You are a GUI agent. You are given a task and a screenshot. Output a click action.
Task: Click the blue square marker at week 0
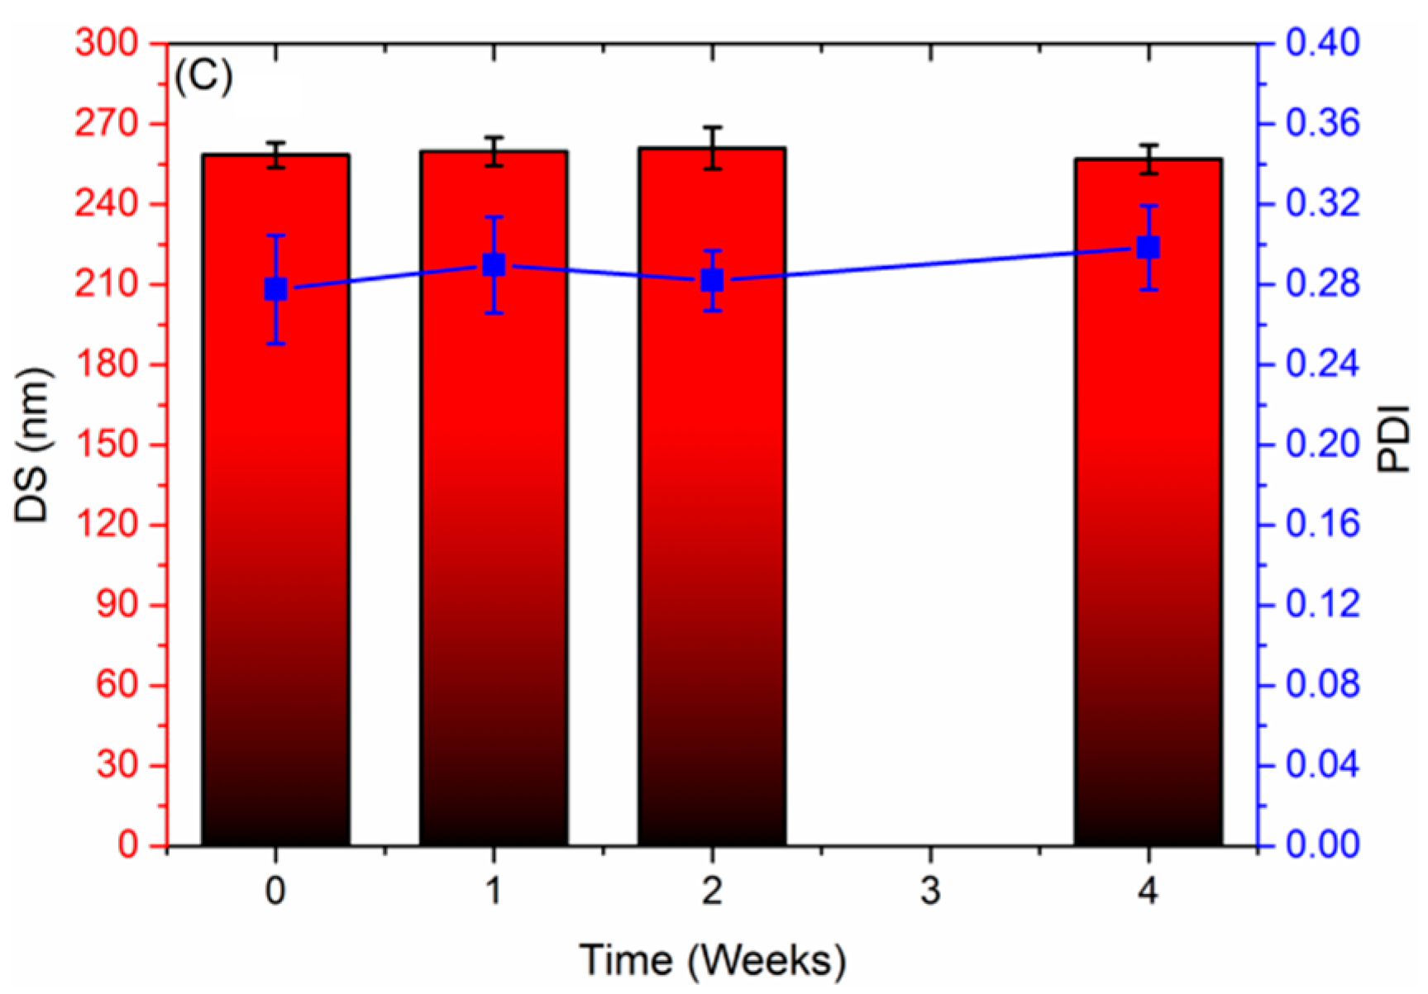(275, 289)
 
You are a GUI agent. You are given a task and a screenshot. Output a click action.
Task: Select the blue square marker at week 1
(494, 265)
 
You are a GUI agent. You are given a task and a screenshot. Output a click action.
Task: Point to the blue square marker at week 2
(712, 280)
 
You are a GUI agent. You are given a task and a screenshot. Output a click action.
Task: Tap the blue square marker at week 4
(1149, 247)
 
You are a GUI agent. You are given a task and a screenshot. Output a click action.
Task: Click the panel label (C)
(203, 78)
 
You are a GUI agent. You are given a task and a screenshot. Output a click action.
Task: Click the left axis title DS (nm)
(33, 445)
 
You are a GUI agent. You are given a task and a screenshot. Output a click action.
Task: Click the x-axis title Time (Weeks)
(713, 960)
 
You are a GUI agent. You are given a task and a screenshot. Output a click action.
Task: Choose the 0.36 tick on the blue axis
(1321, 124)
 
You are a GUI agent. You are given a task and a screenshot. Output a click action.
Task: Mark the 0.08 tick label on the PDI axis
(1321, 685)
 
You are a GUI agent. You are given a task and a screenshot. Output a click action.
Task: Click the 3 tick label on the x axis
(930, 891)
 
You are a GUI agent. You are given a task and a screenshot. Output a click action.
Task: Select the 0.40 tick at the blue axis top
(1321, 43)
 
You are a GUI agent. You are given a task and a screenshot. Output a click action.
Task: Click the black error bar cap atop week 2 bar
(712, 127)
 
